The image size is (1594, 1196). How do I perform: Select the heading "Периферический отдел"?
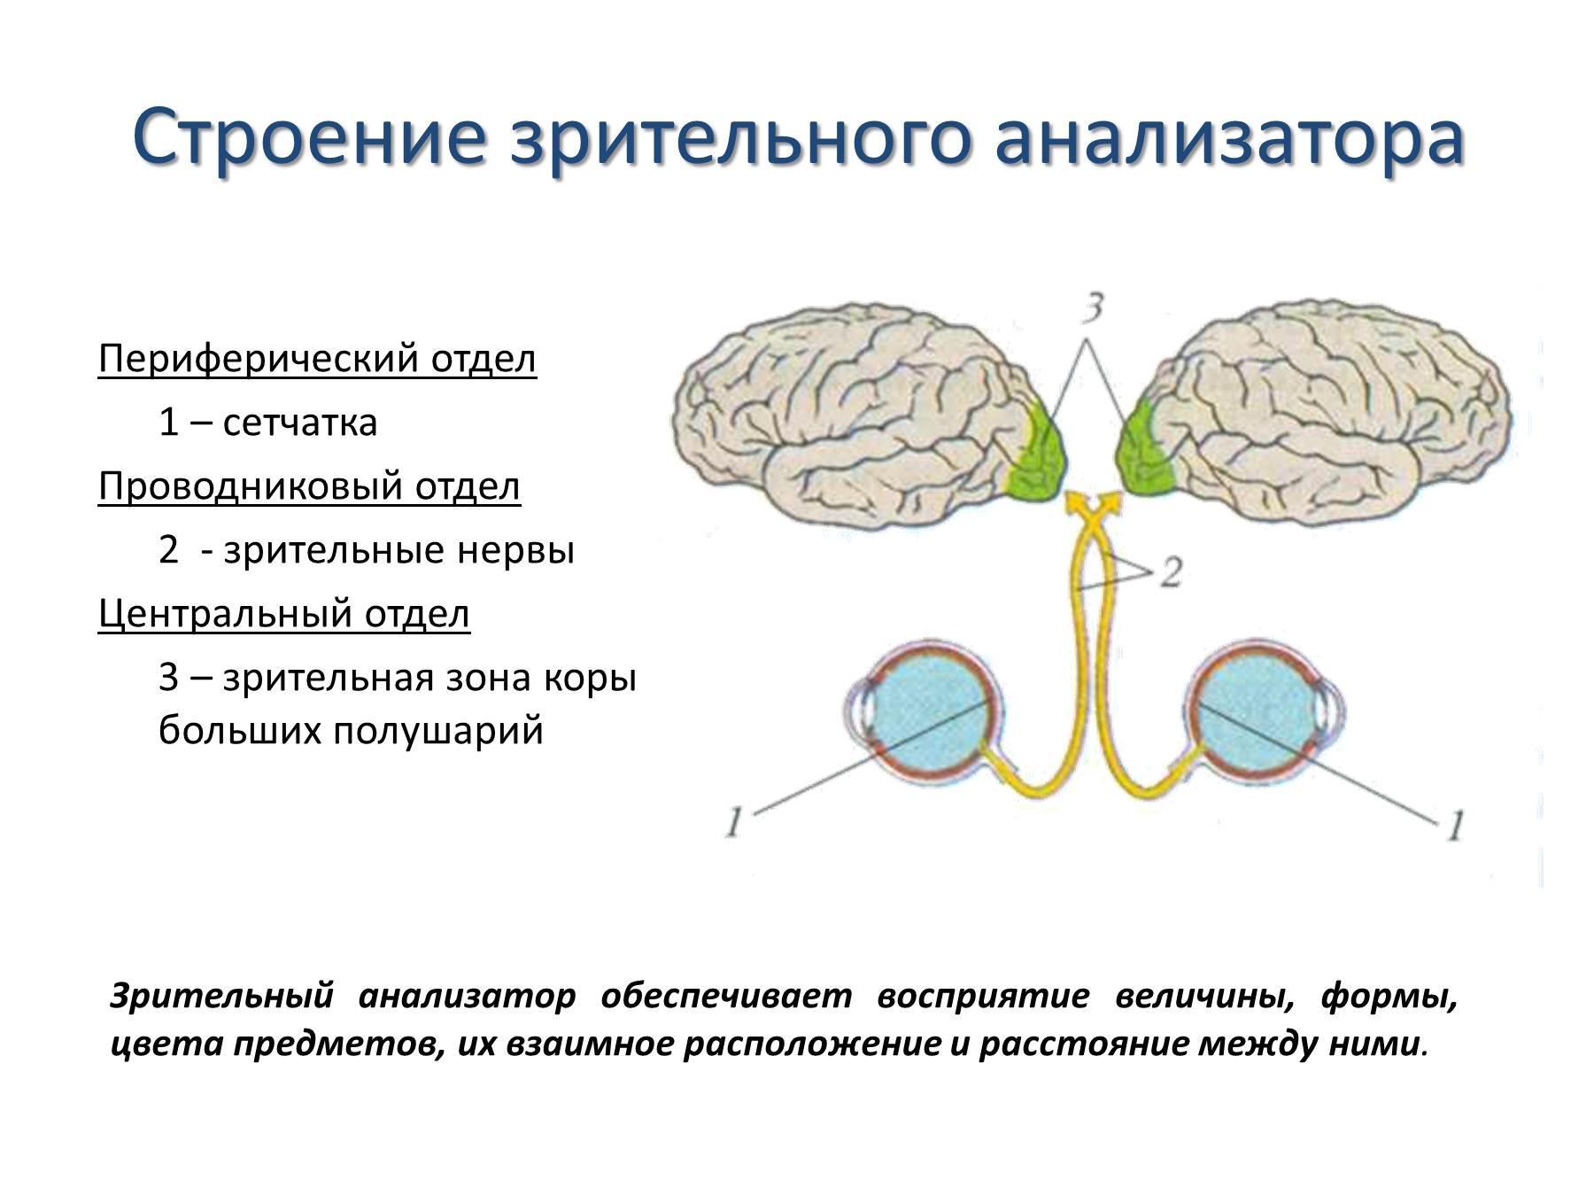pos(317,361)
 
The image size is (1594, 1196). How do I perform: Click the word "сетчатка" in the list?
pos(300,423)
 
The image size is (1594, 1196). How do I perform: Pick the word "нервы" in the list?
pos(516,551)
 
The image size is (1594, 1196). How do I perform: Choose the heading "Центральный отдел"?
pos(283,615)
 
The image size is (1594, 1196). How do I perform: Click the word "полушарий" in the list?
pos(438,732)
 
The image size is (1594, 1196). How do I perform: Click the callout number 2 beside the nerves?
pos(1171,573)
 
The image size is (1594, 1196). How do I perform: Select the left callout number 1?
pos(733,823)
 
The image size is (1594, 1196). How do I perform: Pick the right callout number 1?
pos(1455,826)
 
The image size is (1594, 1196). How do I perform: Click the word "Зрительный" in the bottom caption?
pos(222,997)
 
